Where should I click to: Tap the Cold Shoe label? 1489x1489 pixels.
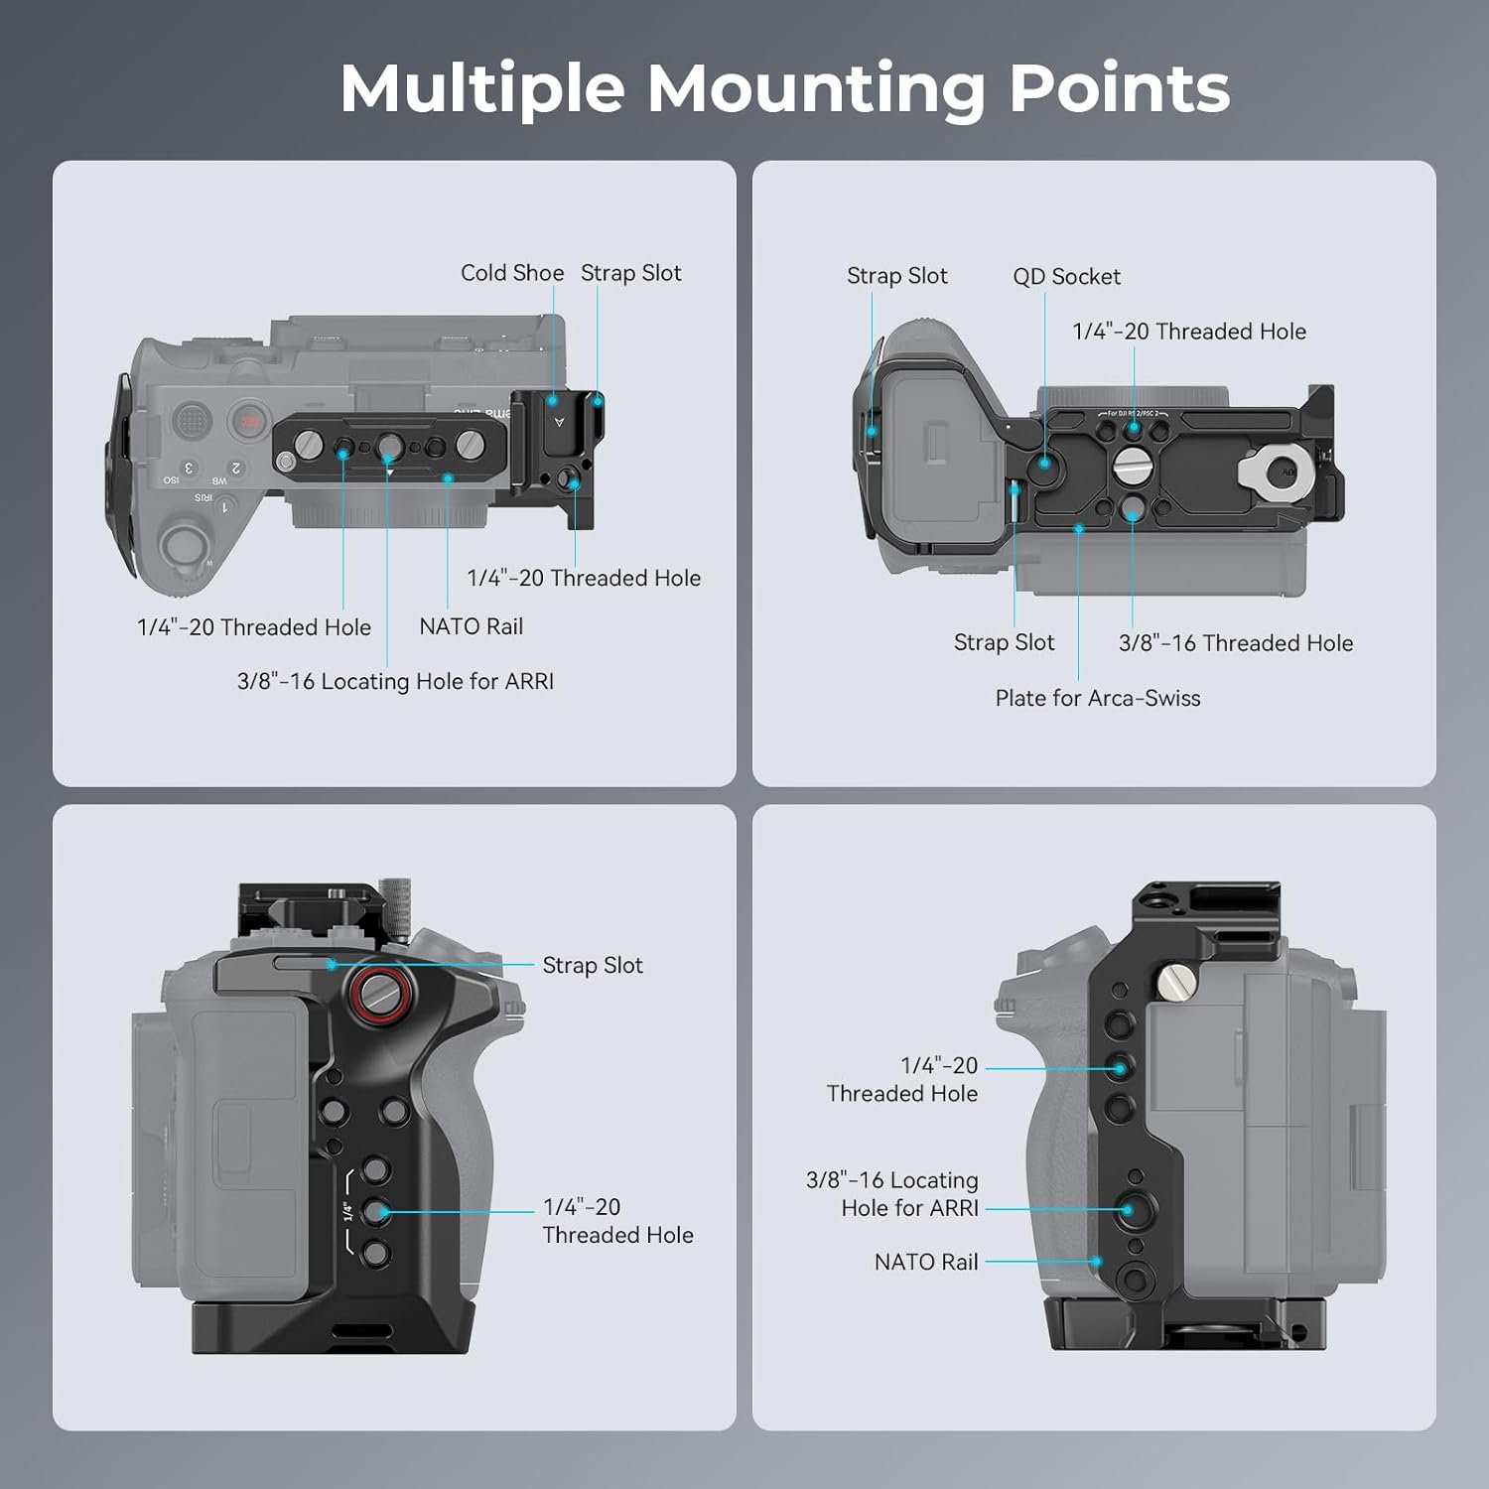coord(512,273)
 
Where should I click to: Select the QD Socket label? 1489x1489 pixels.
coord(1066,277)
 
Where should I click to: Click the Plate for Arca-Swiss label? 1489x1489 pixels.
coord(1098,698)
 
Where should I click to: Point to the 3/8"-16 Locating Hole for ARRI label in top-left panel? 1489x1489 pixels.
coord(395,681)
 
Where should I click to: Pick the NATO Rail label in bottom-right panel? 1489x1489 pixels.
coord(926,1262)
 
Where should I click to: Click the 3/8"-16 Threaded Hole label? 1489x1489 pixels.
coord(1236,643)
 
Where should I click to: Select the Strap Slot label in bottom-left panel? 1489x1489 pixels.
coord(593,965)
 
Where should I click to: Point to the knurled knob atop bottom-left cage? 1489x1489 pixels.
coord(396,906)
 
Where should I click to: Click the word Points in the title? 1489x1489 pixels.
coord(1120,89)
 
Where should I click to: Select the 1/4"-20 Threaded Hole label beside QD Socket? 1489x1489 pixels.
coord(1189,332)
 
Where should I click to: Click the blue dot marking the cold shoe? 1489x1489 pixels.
coord(553,401)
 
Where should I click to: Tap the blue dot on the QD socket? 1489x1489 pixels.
coord(1044,463)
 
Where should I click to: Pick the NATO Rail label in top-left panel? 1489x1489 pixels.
coord(471,626)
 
